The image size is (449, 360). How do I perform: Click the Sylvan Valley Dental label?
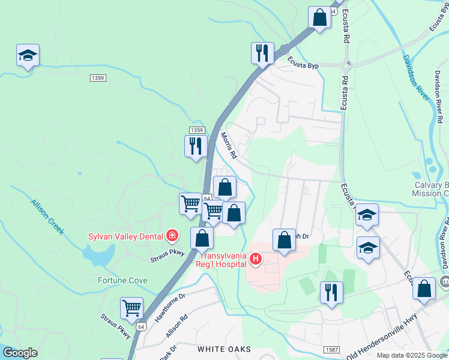pyautogui.click(x=127, y=236)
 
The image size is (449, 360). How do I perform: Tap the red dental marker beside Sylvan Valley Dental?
pyautogui.click(x=173, y=235)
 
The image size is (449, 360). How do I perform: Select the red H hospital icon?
pyautogui.click(x=256, y=259)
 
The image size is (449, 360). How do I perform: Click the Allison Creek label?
pyautogui.click(x=47, y=217)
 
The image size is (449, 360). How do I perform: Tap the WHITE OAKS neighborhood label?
pyautogui.click(x=224, y=349)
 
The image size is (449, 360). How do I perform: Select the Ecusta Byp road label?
pyautogui.click(x=303, y=62)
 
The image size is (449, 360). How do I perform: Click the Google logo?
pyautogui.click(x=19, y=353)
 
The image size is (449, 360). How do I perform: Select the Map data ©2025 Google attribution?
pyautogui.click(x=412, y=355)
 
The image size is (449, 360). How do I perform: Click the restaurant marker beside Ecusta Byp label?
pyautogui.click(x=262, y=53)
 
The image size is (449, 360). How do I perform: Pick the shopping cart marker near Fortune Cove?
pyautogui.click(x=131, y=308)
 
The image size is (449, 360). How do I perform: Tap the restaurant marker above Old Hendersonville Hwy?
pyautogui.click(x=331, y=293)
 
